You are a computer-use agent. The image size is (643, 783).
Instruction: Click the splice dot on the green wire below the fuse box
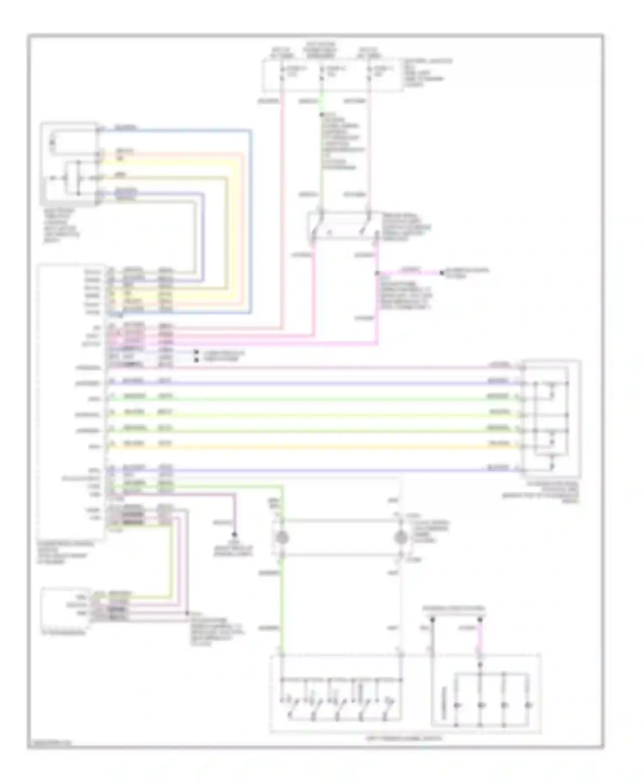(322, 114)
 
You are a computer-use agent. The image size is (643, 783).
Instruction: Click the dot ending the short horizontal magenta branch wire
(442, 272)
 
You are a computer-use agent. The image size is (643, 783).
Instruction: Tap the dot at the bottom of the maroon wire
(234, 535)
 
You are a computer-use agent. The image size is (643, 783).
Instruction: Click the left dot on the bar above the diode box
(433, 619)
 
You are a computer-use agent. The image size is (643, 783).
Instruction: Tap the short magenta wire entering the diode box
(480, 640)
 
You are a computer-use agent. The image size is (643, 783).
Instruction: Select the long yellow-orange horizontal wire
(343, 447)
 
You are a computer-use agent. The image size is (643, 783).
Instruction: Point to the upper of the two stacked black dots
(196, 352)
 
